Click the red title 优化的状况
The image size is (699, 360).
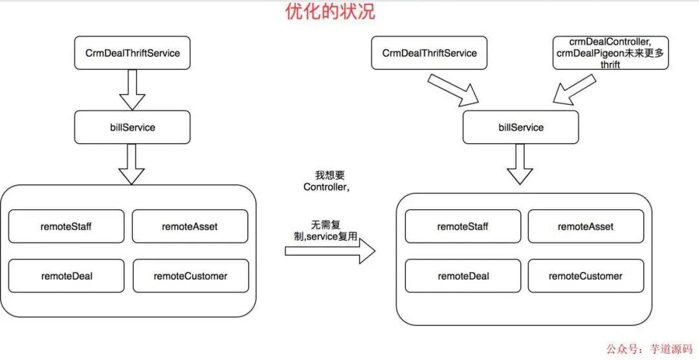[x=330, y=12]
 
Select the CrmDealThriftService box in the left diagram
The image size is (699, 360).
[x=133, y=53]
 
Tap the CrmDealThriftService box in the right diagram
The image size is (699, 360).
[x=430, y=53]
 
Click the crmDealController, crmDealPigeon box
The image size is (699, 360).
[x=610, y=53]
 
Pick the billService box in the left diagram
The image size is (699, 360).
[x=133, y=127]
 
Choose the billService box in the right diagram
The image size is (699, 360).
[x=521, y=127]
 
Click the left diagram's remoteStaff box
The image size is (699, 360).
[x=67, y=227]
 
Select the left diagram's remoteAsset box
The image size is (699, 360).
[x=190, y=227]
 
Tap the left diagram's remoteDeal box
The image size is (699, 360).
[x=67, y=276]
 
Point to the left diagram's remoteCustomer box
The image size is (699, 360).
[x=190, y=276]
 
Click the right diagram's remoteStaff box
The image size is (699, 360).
[x=463, y=227]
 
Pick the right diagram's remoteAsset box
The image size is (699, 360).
[x=586, y=227]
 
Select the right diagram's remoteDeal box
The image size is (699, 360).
[x=463, y=276]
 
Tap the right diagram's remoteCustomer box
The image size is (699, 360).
[x=586, y=276]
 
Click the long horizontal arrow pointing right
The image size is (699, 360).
[x=330, y=251]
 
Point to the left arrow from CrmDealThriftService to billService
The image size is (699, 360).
[x=133, y=89]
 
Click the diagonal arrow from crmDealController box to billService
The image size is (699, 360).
[x=573, y=89]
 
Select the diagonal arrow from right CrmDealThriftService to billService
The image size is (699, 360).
[x=453, y=89]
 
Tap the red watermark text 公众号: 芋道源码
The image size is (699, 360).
[x=648, y=348]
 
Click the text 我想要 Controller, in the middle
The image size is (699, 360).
[x=327, y=181]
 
